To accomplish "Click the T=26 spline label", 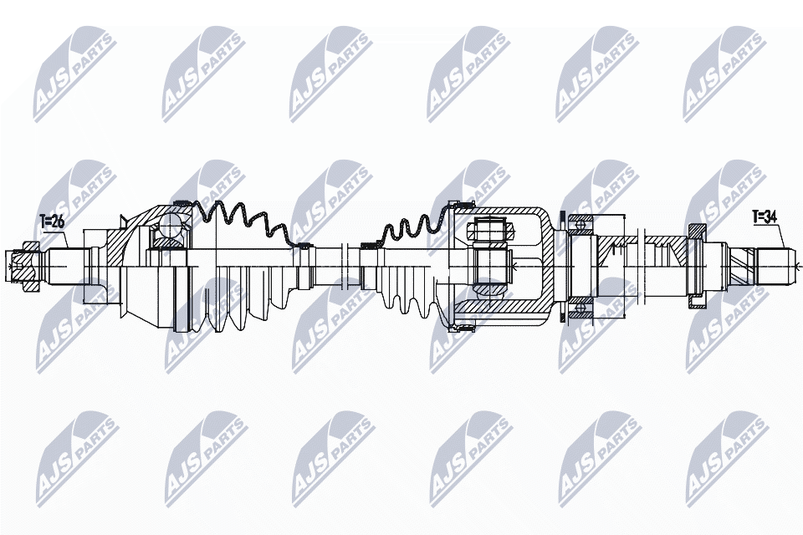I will (x=52, y=222).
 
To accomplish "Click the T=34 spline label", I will (x=765, y=217).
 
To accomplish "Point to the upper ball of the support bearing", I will (x=579, y=224).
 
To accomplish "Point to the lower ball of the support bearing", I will (x=579, y=311).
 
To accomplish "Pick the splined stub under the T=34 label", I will (x=773, y=266).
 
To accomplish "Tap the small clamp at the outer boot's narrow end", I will (x=304, y=246).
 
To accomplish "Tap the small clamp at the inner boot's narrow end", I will (x=368, y=246).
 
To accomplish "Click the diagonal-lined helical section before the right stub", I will (x=740, y=266).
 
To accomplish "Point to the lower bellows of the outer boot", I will (x=243, y=301).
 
